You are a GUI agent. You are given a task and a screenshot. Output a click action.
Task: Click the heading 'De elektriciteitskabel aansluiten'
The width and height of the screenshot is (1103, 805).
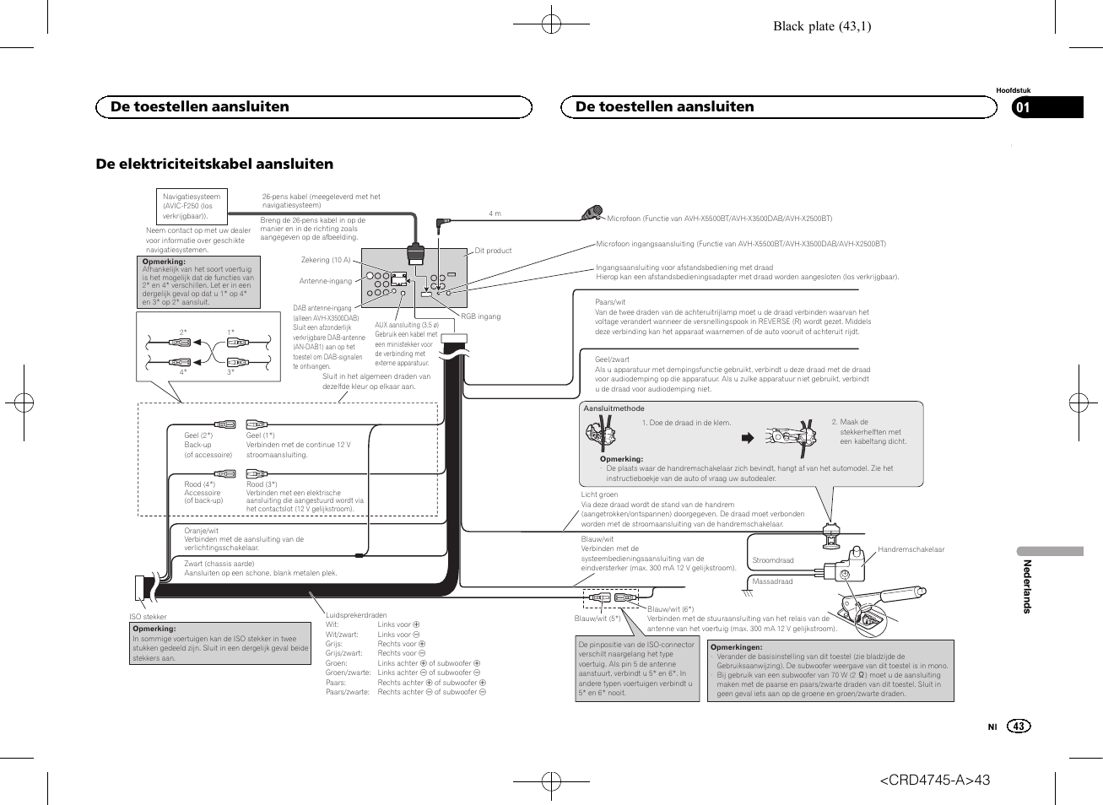(x=214, y=164)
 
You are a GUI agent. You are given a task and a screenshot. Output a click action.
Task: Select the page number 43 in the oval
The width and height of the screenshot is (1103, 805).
(x=1019, y=727)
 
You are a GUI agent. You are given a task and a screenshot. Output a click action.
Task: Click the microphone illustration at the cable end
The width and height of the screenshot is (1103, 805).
(x=593, y=213)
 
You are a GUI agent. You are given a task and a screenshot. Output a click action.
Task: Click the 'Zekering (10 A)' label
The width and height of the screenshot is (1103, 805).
(x=326, y=260)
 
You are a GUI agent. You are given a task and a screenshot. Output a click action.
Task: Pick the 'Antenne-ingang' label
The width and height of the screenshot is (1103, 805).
(x=325, y=281)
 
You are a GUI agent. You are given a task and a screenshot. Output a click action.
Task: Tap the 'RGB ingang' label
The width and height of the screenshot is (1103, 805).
(x=480, y=316)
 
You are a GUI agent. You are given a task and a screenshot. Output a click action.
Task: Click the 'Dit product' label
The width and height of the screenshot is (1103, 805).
(x=493, y=251)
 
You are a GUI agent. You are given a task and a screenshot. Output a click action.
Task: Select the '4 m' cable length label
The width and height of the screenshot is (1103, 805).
(x=495, y=213)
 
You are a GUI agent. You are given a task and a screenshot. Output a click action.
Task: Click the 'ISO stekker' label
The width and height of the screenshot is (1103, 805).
(x=148, y=617)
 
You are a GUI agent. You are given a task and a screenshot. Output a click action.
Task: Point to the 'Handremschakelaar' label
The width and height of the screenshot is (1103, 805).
(x=911, y=549)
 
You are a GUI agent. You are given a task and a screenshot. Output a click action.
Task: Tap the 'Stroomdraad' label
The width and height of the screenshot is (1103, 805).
(x=773, y=560)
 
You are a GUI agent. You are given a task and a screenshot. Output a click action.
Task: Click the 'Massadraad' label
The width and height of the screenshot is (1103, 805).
(x=772, y=581)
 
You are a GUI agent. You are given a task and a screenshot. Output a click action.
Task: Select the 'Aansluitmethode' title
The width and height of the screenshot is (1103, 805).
(x=614, y=408)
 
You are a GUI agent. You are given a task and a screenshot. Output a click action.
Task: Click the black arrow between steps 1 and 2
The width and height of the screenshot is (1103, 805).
(x=746, y=438)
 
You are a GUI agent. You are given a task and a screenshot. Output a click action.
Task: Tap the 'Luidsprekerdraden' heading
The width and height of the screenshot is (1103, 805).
(x=356, y=615)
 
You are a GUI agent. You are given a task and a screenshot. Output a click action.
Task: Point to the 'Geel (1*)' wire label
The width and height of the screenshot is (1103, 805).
(x=260, y=435)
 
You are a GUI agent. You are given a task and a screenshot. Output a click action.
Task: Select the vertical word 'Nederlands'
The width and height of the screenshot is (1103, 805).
(x=1027, y=586)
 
